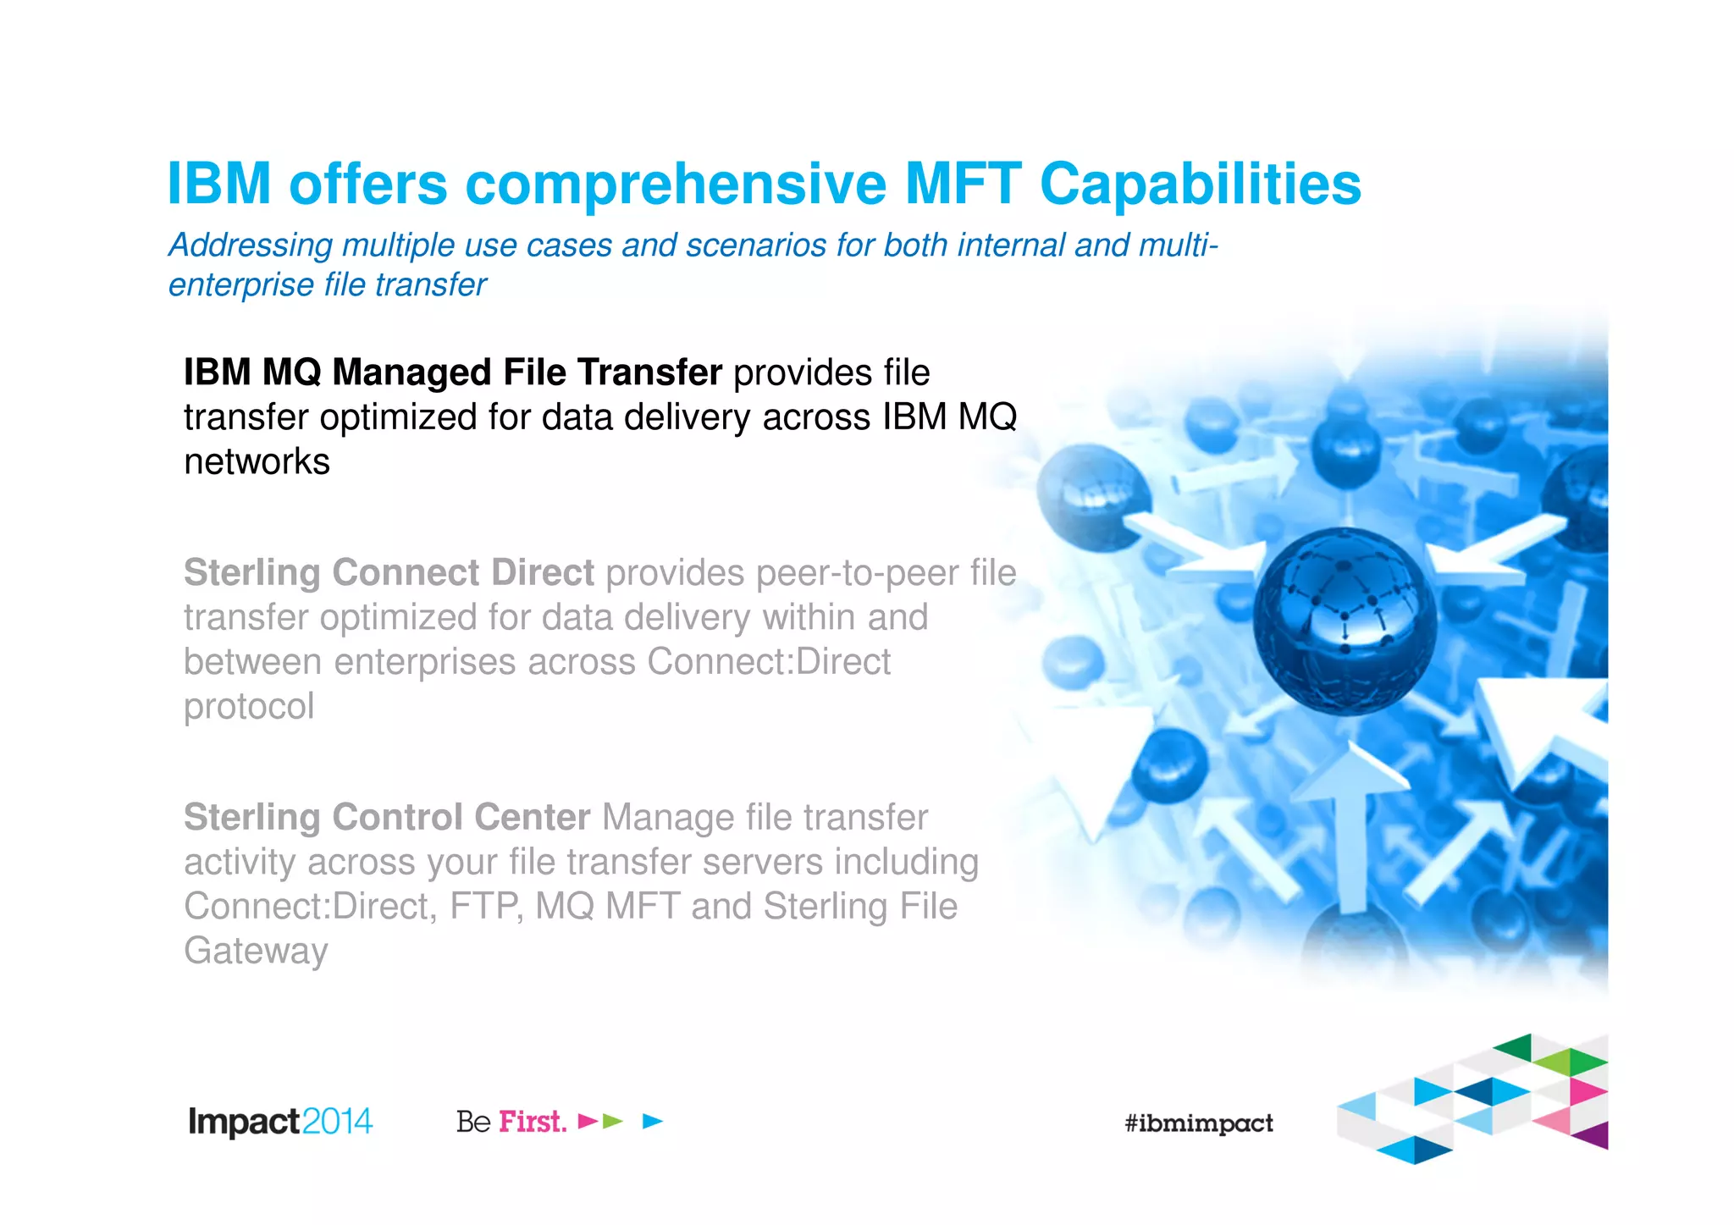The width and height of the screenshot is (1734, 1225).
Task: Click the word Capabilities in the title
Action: pyautogui.click(x=1200, y=184)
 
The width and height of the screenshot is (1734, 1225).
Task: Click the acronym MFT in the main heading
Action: pyautogui.click(x=963, y=184)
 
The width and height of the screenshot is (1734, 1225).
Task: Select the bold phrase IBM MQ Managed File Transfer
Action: pyautogui.click(x=453, y=372)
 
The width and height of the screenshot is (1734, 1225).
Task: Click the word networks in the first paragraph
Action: pyautogui.click(x=257, y=462)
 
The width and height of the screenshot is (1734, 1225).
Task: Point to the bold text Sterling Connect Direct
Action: pyautogui.click(x=389, y=573)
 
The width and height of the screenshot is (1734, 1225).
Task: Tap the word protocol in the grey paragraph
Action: pyautogui.click(x=249, y=707)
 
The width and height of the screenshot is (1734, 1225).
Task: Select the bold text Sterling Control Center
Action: pyautogui.click(x=387, y=818)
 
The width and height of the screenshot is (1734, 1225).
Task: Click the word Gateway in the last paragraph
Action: pyautogui.click(x=256, y=951)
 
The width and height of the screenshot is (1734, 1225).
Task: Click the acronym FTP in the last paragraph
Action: pyautogui.click(x=485, y=907)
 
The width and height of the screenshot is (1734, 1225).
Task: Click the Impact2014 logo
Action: pyautogui.click(x=280, y=1122)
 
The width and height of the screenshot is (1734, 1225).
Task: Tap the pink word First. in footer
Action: pyautogui.click(x=533, y=1122)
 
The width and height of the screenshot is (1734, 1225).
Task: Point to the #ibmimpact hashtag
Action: pyautogui.click(x=1198, y=1123)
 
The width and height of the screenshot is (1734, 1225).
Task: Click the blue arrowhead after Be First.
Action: pyautogui.click(x=652, y=1122)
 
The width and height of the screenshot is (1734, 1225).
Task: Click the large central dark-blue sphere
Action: pyautogui.click(x=1345, y=621)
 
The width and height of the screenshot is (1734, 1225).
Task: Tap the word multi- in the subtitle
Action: pyautogui.click(x=1178, y=246)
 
